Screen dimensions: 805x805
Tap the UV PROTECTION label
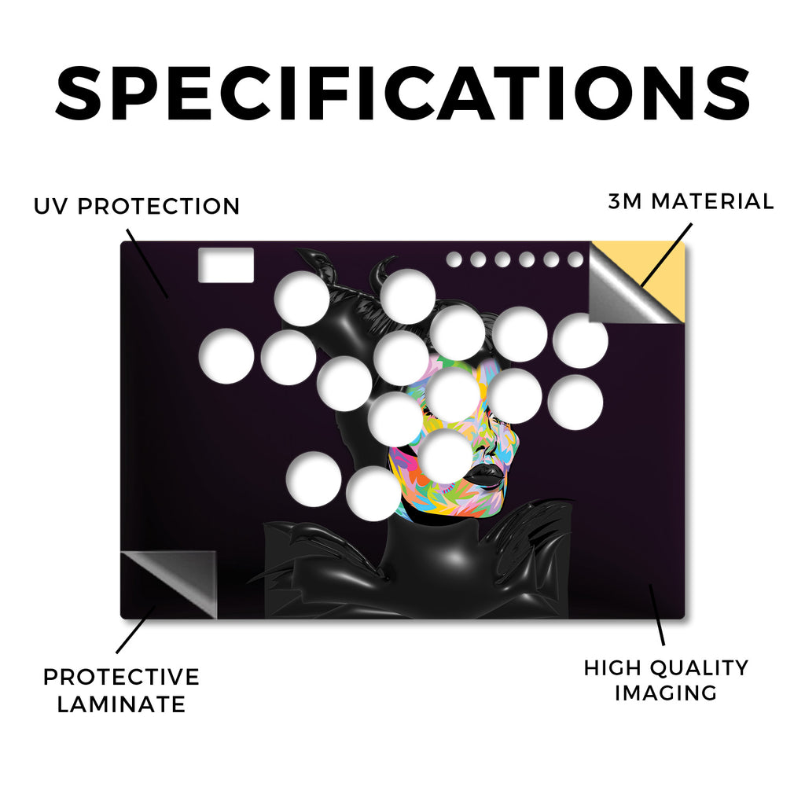tap(137, 207)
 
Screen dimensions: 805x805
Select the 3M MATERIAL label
tap(690, 201)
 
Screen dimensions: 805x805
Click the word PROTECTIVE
tap(121, 677)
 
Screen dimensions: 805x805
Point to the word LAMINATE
tap(121, 704)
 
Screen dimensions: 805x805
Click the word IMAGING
tap(666, 693)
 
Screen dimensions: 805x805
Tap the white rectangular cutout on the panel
tap(226, 265)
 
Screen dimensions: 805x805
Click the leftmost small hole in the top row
tap(454, 259)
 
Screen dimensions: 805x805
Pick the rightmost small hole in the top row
tap(575, 259)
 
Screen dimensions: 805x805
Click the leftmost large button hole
tap(226, 356)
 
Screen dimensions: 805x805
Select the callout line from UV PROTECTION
tap(147, 263)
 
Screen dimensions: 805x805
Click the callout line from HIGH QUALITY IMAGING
tap(657, 615)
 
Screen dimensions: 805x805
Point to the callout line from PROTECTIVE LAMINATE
tap(136, 630)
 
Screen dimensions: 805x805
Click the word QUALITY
tap(699, 668)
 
